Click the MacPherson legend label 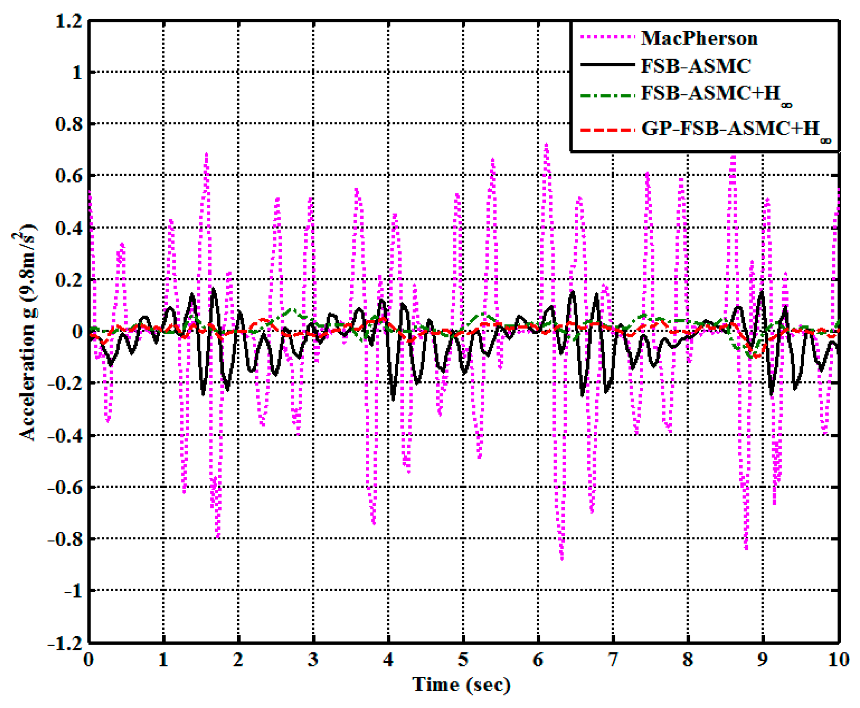coord(699,39)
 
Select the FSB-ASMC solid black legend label coord(696,66)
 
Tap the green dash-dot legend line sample coord(606,95)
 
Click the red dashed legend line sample coord(606,130)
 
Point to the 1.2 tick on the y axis coord(68,21)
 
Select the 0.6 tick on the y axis coord(68,176)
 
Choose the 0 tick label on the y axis coord(77,332)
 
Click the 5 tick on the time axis coord(463,660)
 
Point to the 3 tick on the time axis coord(313,660)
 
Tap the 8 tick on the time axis coord(688,660)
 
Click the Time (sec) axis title coord(461,685)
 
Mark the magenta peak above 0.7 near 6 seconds coord(547,145)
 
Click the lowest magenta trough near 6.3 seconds coord(562,558)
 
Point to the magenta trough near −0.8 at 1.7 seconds coord(218,537)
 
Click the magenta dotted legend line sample coord(606,38)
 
